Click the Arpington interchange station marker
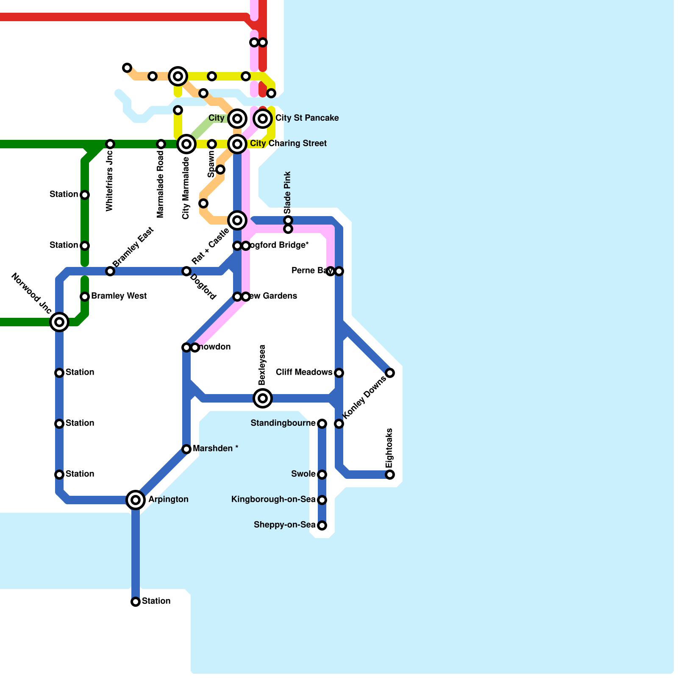click(136, 500)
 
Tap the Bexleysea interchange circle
click(263, 398)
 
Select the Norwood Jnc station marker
click(59, 322)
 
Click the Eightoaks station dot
click(390, 475)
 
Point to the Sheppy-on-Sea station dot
click(322, 525)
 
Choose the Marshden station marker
click(186, 449)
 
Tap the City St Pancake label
click(307, 118)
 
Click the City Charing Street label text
click(288, 143)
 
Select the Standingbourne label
click(283, 423)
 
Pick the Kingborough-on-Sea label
click(273, 499)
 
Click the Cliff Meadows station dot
click(339, 373)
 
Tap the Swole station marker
click(322, 475)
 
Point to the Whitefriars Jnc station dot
click(110, 144)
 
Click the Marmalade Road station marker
click(161, 144)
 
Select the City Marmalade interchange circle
click(186, 144)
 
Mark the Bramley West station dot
click(85, 297)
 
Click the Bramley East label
click(133, 247)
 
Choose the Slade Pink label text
click(288, 192)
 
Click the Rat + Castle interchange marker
click(237, 220)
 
